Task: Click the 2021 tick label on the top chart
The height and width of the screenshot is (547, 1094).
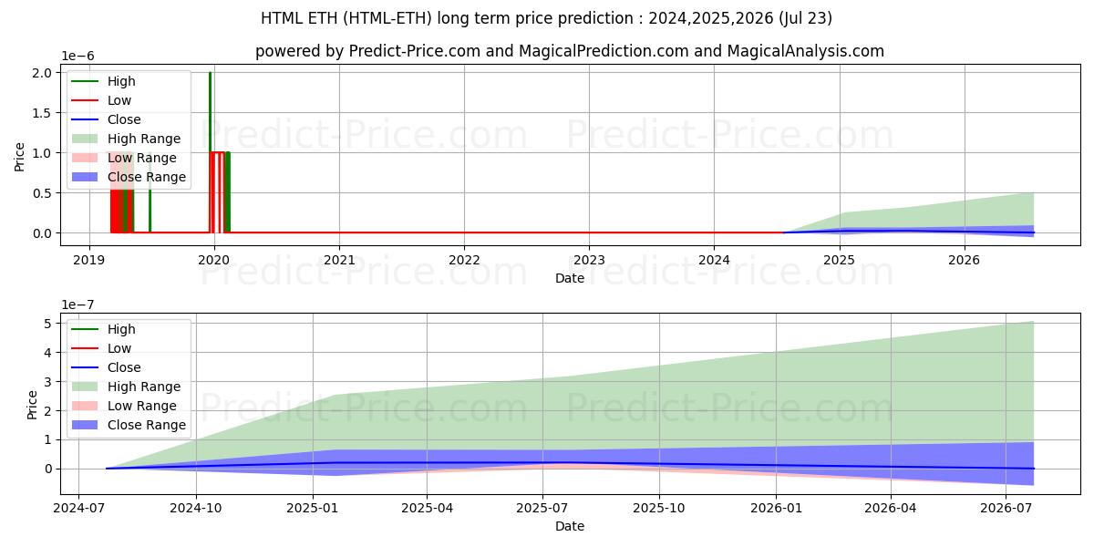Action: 339,259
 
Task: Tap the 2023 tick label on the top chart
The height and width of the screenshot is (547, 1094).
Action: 589,259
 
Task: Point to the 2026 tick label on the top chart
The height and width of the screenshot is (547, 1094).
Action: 965,259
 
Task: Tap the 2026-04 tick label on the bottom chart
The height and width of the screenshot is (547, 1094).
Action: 890,508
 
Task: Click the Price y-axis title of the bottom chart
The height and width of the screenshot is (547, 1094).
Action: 33,404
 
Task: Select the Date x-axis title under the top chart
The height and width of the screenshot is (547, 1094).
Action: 570,278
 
